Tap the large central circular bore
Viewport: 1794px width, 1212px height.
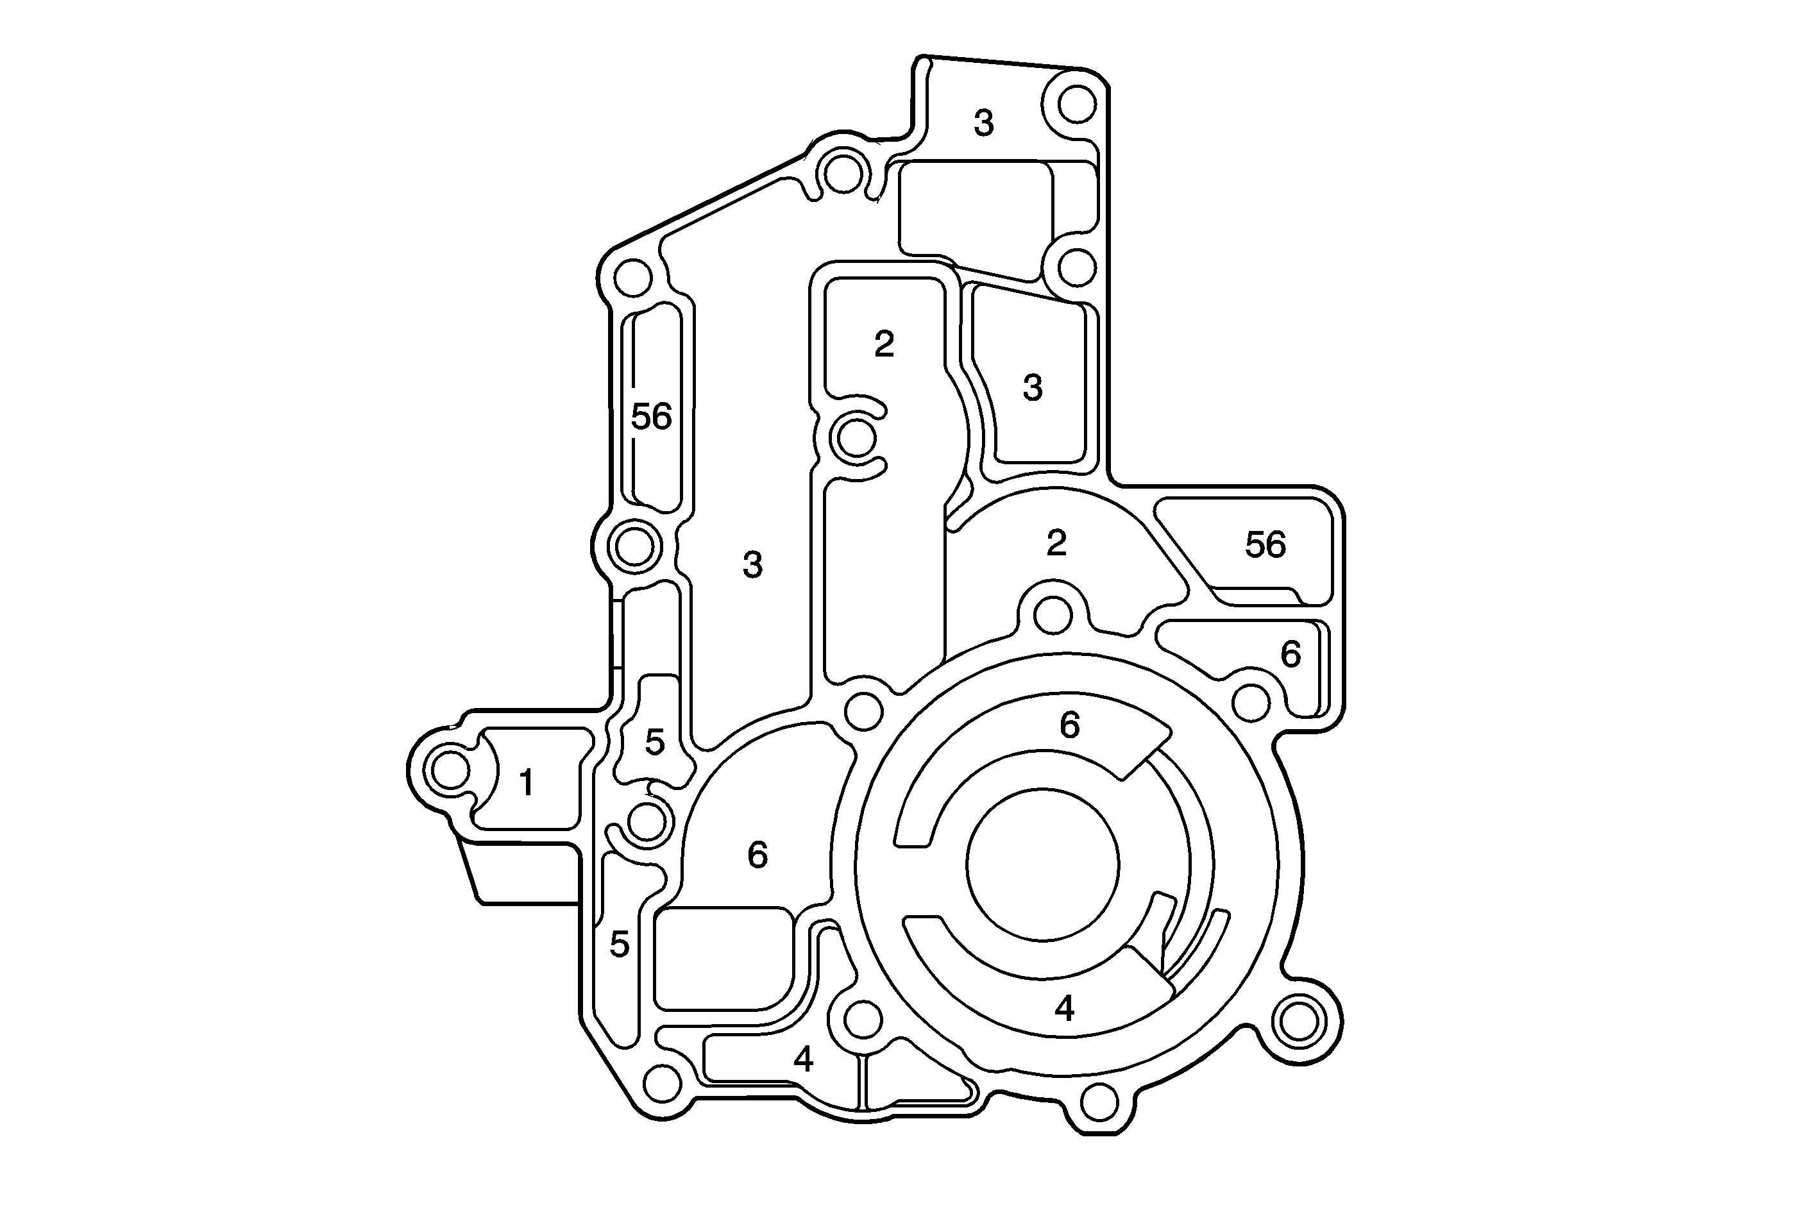click(1042, 864)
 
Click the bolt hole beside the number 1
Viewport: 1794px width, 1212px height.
click(450, 770)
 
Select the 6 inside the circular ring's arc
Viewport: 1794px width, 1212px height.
click(1069, 725)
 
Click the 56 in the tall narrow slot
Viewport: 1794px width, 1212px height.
click(652, 417)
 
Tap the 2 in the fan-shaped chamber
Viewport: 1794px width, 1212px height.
click(1056, 543)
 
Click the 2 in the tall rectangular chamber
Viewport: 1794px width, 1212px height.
click(884, 344)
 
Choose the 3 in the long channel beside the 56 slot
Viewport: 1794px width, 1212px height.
click(752, 565)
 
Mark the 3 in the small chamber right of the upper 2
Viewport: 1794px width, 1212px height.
click(1033, 387)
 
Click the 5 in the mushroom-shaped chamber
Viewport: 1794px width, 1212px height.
click(655, 743)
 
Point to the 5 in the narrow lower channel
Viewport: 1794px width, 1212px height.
click(619, 944)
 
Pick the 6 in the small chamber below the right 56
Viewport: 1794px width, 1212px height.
click(1290, 655)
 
